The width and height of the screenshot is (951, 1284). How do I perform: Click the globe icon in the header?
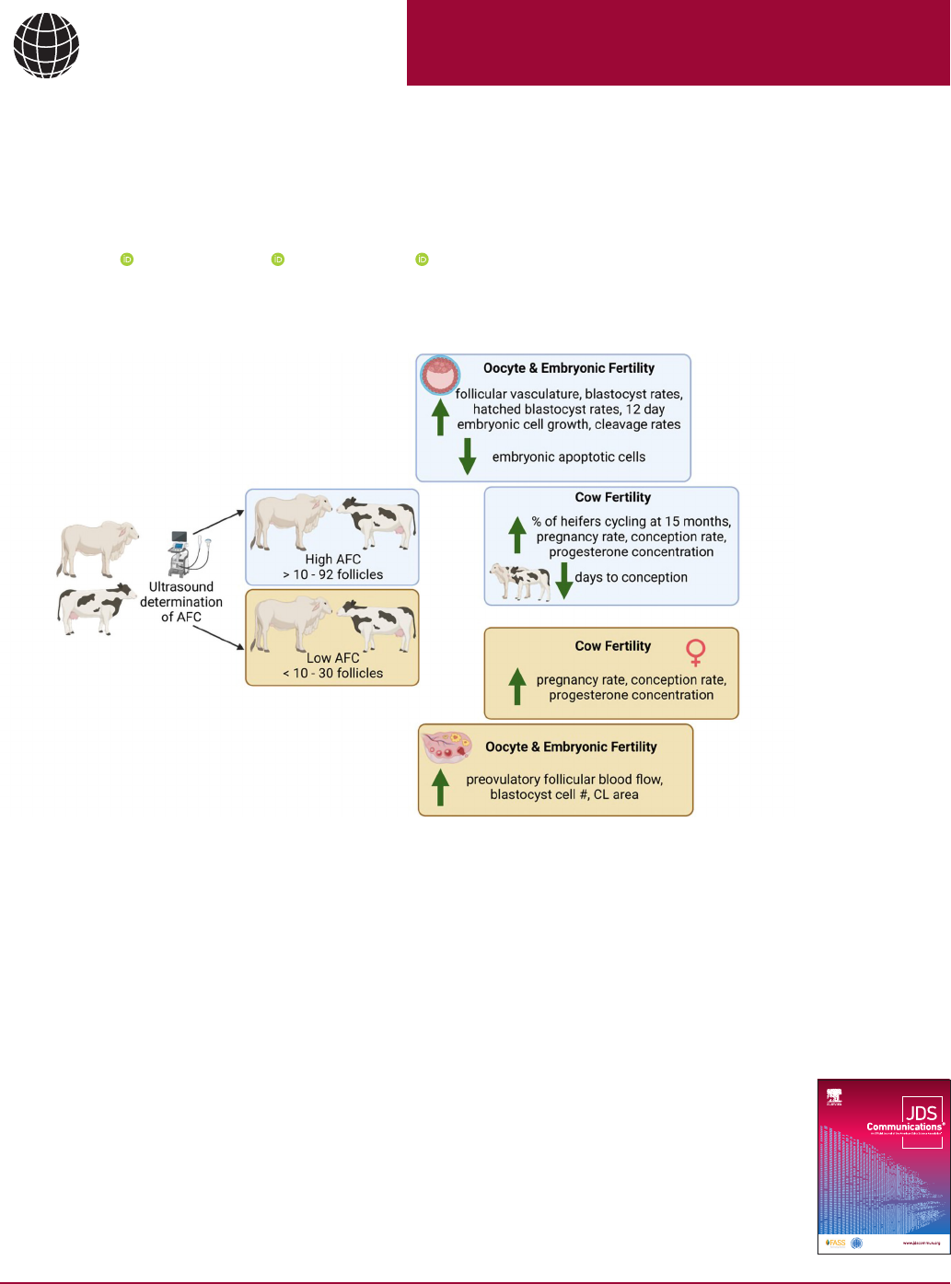(x=47, y=45)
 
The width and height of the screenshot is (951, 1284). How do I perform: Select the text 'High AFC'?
(x=332, y=559)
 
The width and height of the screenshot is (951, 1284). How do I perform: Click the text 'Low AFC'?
(x=332, y=658)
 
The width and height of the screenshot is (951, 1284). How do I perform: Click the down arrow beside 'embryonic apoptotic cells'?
(x=468, y=456)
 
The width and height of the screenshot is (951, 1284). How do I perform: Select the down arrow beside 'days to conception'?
(x=564, y=580)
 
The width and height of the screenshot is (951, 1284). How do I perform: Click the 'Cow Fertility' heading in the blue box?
(x=612, y=497)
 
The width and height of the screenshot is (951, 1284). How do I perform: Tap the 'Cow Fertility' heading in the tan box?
(x=612, y=646)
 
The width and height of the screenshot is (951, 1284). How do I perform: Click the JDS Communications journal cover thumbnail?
(x=884, y=1165)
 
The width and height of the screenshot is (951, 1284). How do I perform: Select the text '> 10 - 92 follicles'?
(x=332, y=574)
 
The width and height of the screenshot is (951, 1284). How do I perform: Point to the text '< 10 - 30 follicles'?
(x=332, y=673)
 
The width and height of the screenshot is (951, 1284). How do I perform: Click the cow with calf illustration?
(x=520, y=582)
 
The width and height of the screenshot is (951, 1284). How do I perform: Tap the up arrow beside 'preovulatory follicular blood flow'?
(x=441, y=787)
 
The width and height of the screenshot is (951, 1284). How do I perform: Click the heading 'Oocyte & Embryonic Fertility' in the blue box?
(x=568, y=368)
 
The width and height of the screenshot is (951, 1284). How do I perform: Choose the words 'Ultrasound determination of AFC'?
(x=181, y=602)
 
